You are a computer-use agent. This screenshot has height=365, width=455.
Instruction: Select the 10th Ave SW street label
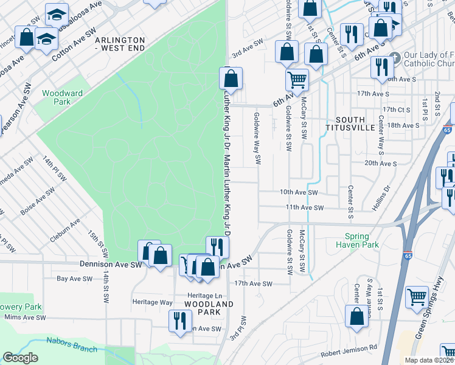coord(299,192)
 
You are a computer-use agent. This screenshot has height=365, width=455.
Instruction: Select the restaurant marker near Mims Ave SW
coord(179,320)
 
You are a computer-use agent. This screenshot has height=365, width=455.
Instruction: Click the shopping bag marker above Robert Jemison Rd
coord(356,316)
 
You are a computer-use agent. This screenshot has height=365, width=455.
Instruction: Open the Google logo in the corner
coord(20,358)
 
